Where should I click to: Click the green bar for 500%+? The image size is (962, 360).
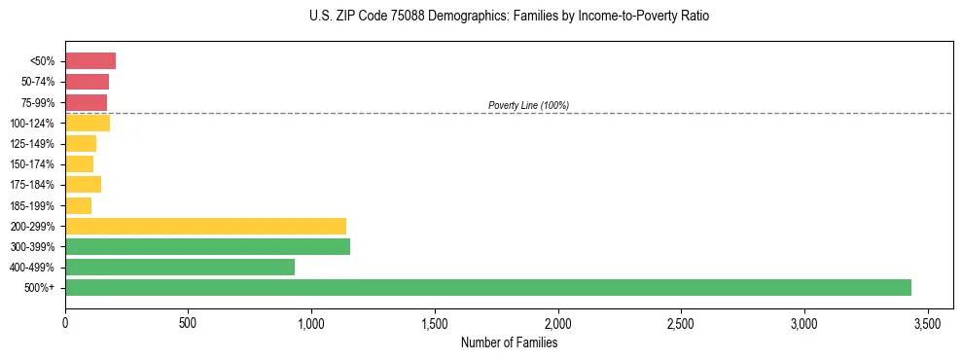click(487, 287)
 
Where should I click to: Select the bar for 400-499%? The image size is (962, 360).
click(180, 267)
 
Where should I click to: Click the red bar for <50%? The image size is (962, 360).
click(90, 61)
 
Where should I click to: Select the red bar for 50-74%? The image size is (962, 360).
click(87, 82)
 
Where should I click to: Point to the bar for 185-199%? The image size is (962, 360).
click(78, 205)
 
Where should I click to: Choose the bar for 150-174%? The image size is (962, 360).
click(79, 164)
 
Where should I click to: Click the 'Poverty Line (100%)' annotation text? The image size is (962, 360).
click(528, 105)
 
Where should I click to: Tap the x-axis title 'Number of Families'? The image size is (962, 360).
click(509, 342)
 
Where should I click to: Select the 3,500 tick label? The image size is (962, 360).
click(928, 322)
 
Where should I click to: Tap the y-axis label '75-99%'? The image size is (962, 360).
click(39, 103)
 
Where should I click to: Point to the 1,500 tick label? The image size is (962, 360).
click(435, 322)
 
